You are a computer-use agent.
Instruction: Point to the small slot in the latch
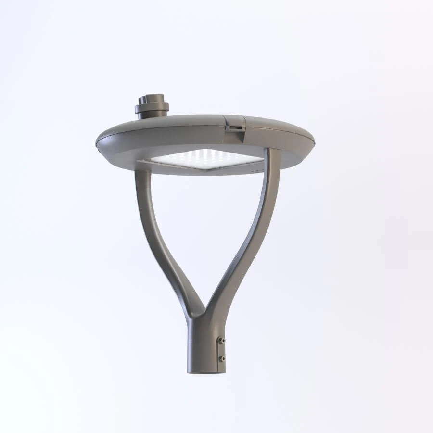point(235,127)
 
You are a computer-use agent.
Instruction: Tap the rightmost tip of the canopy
point(314,140)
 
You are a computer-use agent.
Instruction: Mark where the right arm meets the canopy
point(272,153)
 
